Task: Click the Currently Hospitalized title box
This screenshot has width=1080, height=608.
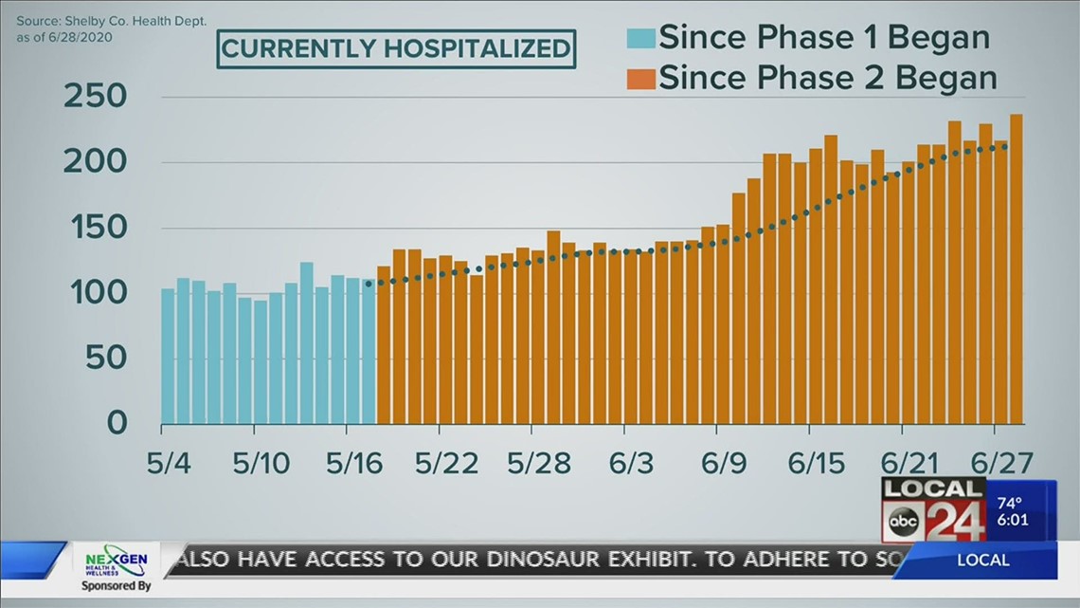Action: click(396, 47)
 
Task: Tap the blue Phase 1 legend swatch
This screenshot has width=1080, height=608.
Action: click(640, 39)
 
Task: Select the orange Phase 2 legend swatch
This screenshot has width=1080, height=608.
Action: click(640, 77)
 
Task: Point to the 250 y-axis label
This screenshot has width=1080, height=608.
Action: click(95, 98)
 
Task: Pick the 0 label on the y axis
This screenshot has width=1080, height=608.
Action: click(116, 423)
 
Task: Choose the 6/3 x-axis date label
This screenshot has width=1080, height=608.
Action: click(631, 465)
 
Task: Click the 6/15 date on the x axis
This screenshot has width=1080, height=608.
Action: click(815, 465)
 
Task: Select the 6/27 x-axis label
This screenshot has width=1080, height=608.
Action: click(1000, 465)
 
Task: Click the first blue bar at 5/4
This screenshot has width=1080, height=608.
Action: click(168, 356)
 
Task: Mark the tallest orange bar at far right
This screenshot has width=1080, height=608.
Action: click(1016, 269)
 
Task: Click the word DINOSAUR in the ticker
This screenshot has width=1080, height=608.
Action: click(493, 561)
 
